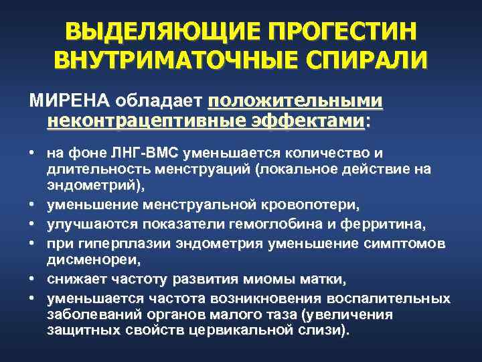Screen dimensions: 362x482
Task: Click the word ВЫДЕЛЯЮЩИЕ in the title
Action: pyautogui.click(x=160, y=32)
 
